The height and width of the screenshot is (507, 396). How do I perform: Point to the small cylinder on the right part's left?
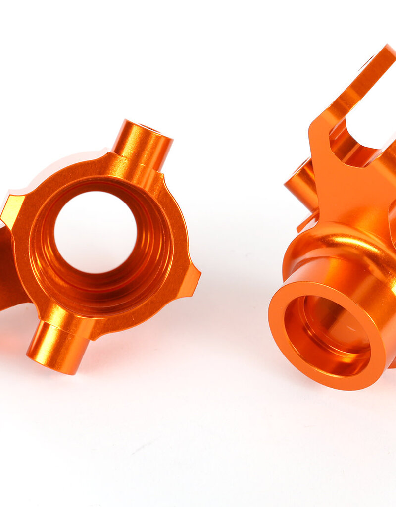tap(299, 183)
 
